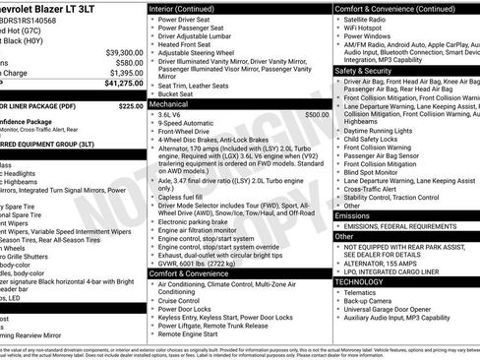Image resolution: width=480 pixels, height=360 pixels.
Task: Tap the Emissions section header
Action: [353, 214]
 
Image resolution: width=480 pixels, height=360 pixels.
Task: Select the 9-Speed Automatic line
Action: [191, 125]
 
